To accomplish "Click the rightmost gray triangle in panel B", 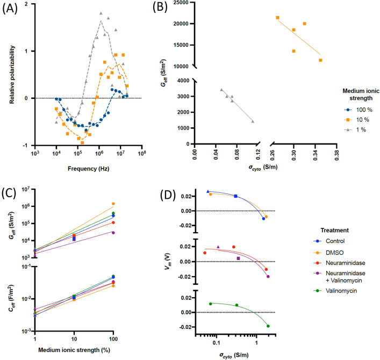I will (x=253, y=121).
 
